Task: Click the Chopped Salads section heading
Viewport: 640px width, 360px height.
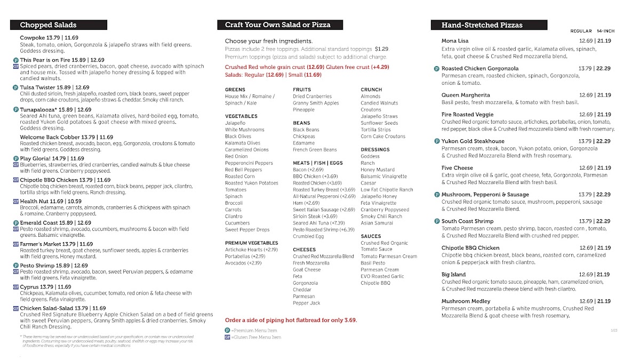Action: (48, 25)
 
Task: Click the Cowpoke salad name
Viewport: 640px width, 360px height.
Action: (33, 38)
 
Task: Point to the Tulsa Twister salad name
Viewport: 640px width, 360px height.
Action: (39, 87)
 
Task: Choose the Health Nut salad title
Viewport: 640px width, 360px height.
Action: (36, 201)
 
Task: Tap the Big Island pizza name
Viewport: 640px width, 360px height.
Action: (454, 274)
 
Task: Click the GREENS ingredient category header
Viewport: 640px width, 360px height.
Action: (235, 90)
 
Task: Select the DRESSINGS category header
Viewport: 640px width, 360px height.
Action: (375, 150)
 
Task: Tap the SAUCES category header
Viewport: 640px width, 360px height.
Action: (371, 236)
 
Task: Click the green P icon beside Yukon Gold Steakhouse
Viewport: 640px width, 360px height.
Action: (436, 141)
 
